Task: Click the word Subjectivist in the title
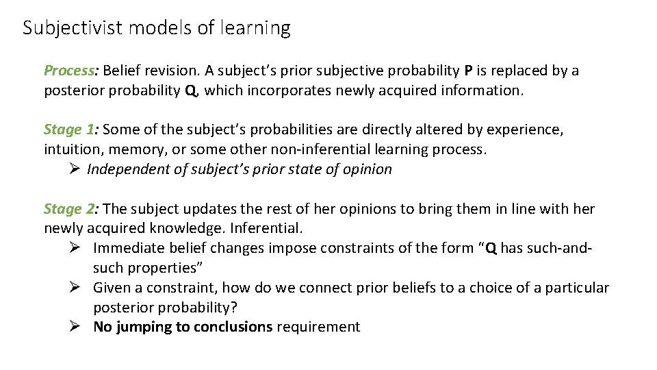click(x=63, y=28)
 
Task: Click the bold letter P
click(x=468, y=71)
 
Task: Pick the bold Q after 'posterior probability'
click(x=190, y=90)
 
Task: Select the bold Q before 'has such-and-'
click(x=491, y=248)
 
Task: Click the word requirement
click(x=318, y=327)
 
